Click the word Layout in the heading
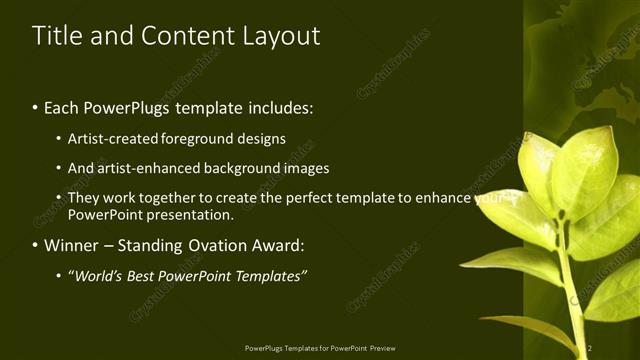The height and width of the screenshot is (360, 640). [x=282, y=37]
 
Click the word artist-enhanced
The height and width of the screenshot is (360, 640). [x=139, y=168]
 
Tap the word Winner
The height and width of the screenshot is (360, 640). [x=73, y=245]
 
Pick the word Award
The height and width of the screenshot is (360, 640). [x=281, y=245]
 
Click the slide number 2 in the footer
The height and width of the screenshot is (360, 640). [x=590, y=348]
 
